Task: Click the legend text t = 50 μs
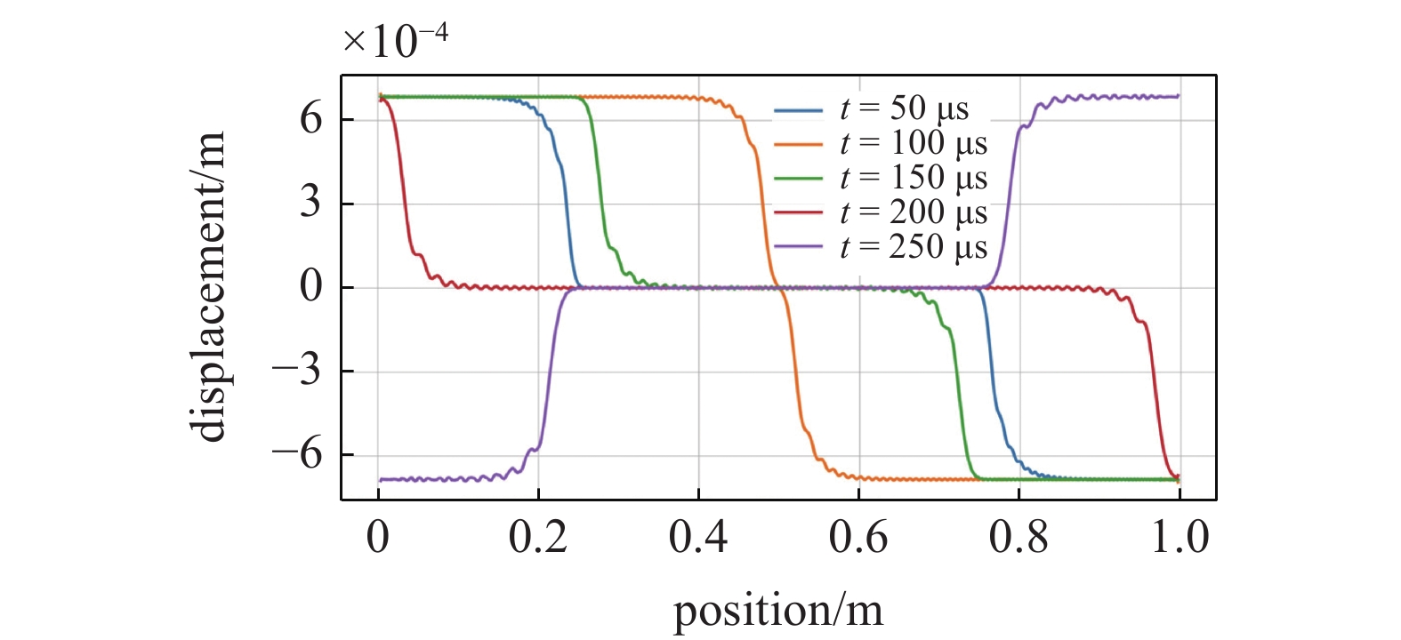click(904, 108)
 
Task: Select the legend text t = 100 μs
click(914, 143)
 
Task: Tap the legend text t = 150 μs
click(914, 178)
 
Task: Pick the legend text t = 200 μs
click(914, 212)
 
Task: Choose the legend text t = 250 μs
click(914, 247)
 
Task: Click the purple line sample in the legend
click(799, 247)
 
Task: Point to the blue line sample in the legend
click(799, 110)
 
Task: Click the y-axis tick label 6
click(310, 118)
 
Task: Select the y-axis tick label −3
click(297, 370)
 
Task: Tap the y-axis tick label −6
click(297, 454)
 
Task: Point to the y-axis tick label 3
click(310, 202)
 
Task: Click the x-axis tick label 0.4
click(698, 538)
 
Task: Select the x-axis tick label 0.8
click(1019, 538)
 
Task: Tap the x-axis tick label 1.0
click(1180, 538)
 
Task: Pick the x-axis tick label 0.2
click(538, 538)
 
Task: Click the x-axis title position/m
click(778, 612)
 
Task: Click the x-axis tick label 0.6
click(858, 538)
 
